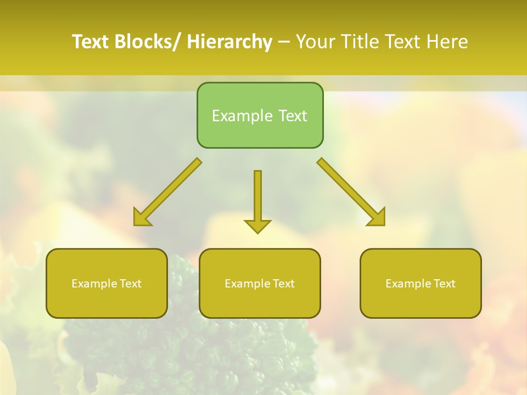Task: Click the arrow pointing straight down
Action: pyautogui.click(x=257, y=201)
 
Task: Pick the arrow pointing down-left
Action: pyautogui.click(x=167, y=192)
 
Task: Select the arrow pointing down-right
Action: pyautogui.click(x=351, y=192)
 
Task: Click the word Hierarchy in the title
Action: pyautogui.click(x=229, y=42)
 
